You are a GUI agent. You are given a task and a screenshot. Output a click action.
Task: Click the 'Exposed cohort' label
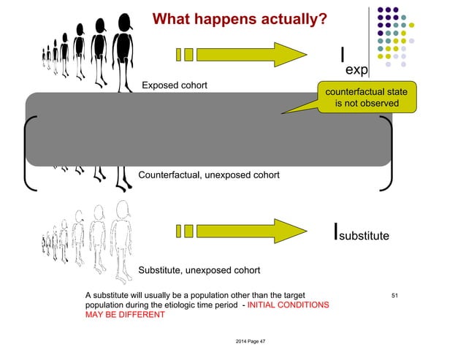pyautogui.click(x=175, y=86)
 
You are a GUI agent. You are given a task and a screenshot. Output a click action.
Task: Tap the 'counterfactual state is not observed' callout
pyautogui.click(x=367, y=97)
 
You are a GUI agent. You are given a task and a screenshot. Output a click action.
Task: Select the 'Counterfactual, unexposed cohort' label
pyautogui.click(x=208, y=175)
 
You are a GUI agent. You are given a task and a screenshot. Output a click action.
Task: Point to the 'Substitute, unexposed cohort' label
pyautogui.click(x=199, y=271)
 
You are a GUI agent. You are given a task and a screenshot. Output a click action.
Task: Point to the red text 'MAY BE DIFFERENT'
pyautogui.click(x=125, y=315)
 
